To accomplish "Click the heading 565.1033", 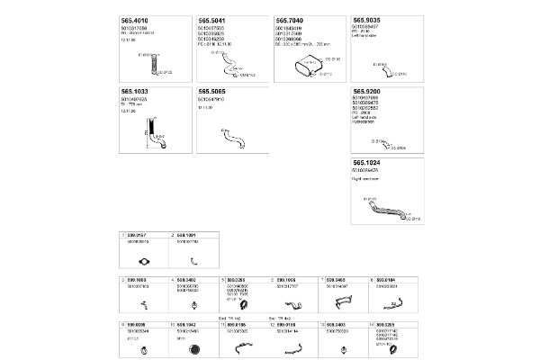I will [x=135, y=93].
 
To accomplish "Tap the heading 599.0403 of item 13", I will [x=337, y=324].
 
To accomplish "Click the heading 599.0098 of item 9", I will [x=138, y=324].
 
